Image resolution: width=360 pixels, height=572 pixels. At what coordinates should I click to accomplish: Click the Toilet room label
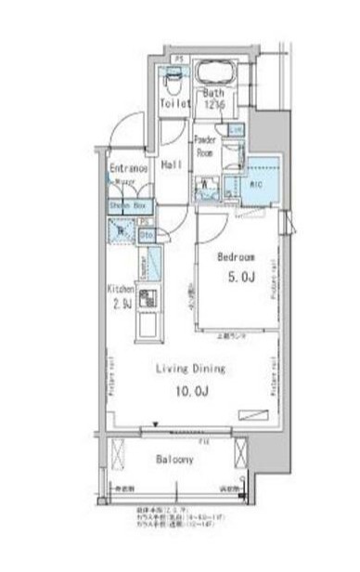point(174,104)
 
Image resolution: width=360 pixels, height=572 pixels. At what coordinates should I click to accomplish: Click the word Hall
point(172,164)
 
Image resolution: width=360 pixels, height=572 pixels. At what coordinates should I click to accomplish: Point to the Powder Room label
point(206,147)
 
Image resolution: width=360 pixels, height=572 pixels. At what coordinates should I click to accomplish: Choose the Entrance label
point(128,168)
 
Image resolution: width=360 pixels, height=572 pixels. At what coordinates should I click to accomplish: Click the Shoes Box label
point(127,205)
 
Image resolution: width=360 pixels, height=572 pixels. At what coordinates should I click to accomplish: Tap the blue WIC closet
point(257,182)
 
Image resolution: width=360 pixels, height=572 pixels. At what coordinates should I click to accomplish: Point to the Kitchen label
point(122,289)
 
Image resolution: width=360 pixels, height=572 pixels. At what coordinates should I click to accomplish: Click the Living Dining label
point(190,369)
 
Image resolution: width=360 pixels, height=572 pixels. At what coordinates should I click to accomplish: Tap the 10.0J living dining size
point(190,391)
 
